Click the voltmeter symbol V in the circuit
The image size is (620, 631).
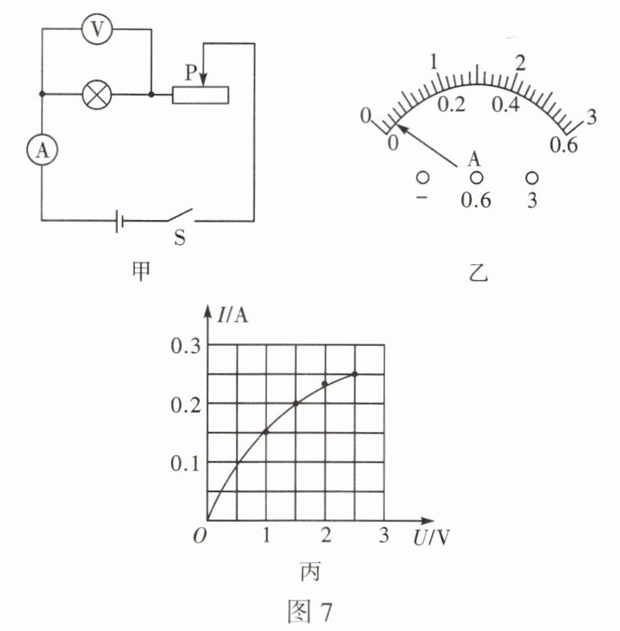[x=97, y=29]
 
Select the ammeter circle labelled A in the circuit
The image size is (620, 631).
[x=43, y=150]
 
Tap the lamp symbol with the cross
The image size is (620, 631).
[x=97, y=95]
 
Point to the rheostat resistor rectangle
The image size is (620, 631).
[x=201, y=95]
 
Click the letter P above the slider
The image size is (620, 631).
[x=192, y=73]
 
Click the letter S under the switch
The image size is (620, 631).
[x=180, y=238]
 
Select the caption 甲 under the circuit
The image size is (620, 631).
[x=141, y=271]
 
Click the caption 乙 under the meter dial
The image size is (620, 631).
[x=478, y=273]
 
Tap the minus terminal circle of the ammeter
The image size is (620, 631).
[x=422, y=177]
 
